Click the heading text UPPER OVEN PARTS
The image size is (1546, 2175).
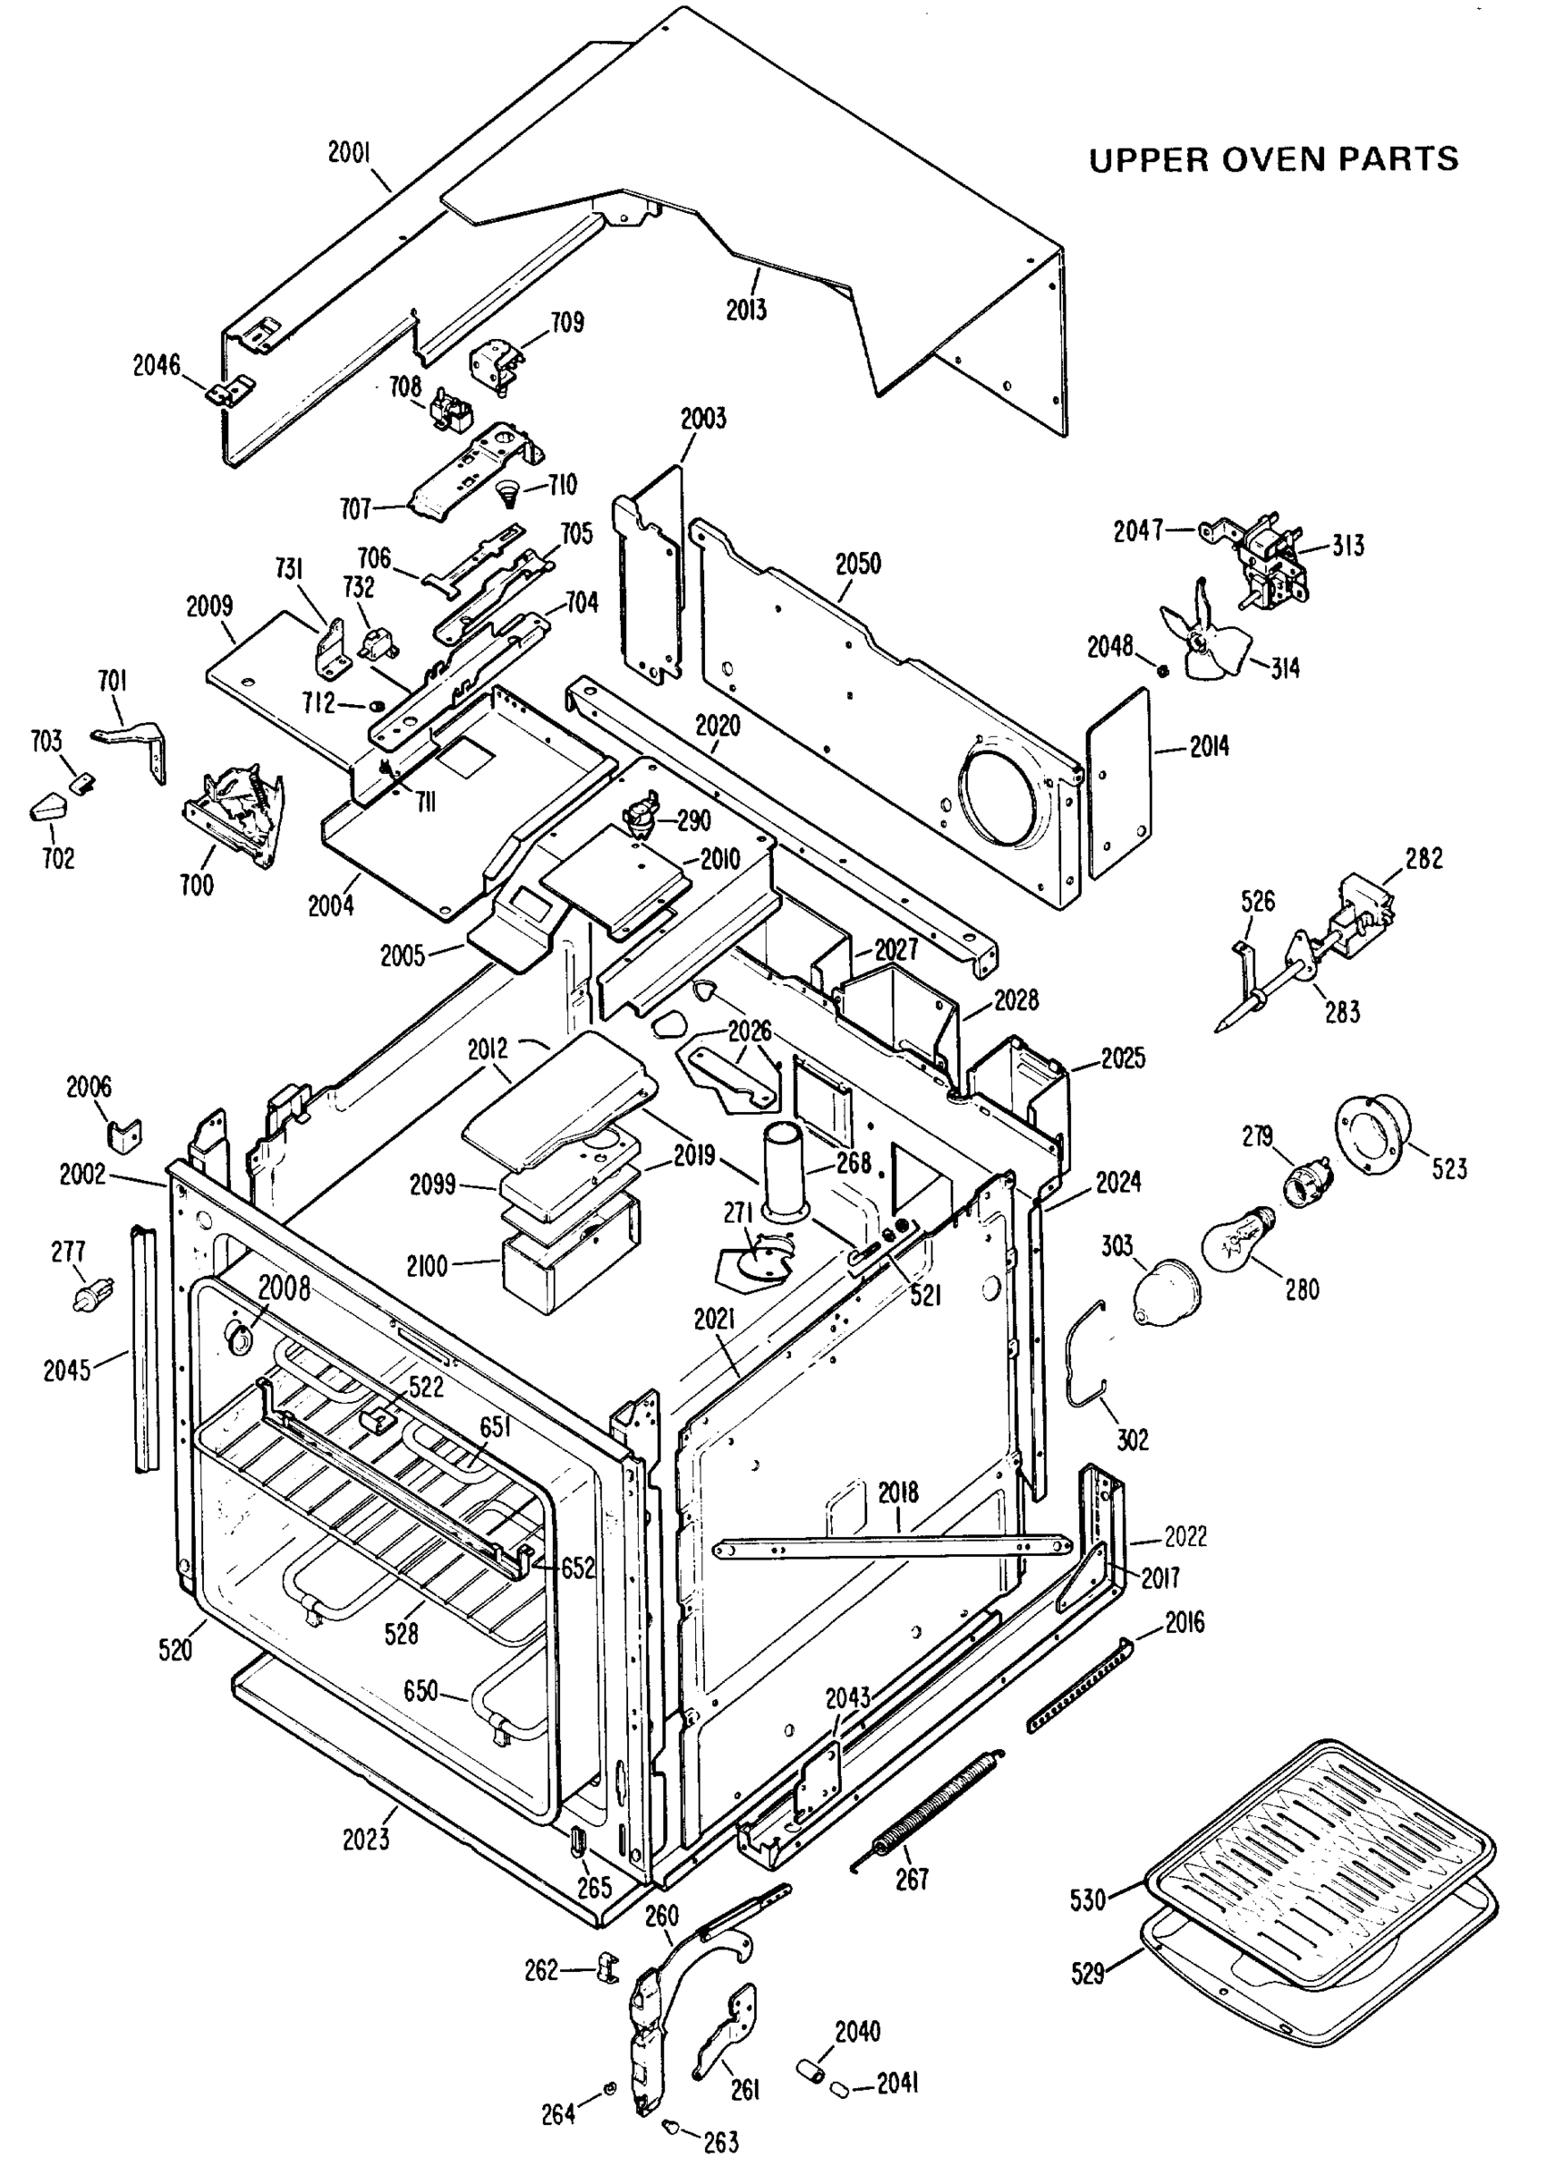[x=1273, y=159]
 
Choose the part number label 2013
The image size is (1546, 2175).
[x=746, y=309]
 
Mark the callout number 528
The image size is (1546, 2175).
[x=401, y=1633]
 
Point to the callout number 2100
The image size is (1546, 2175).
[x=426, y=1266]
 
